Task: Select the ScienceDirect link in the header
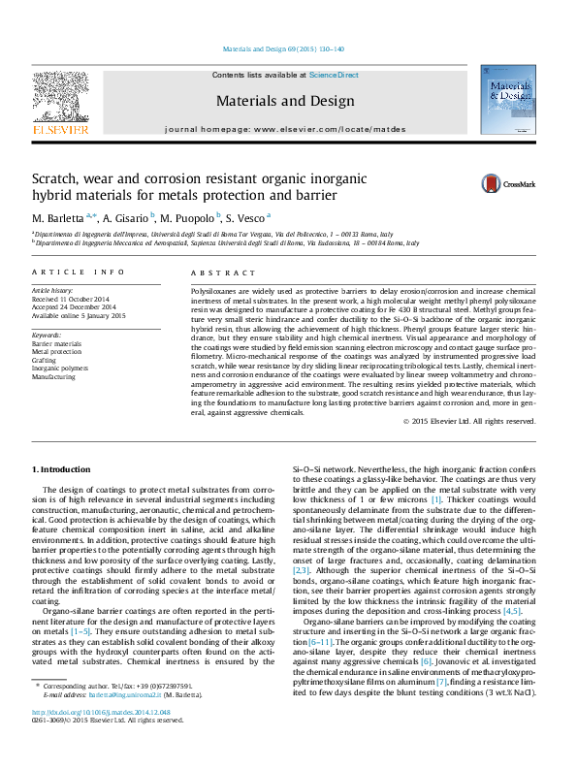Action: tap(334, 75)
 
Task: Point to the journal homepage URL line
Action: tap(285, 129)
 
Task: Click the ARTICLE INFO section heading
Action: tap(79, 273)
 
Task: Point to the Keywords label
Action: tap(47, 335)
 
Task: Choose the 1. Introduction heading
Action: tap(61, 469)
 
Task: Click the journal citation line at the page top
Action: tap(284, 48)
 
